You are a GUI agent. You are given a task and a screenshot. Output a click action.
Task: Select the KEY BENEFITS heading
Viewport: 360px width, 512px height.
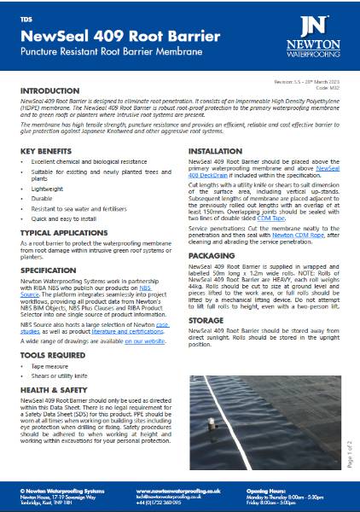tap(47, 151)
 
